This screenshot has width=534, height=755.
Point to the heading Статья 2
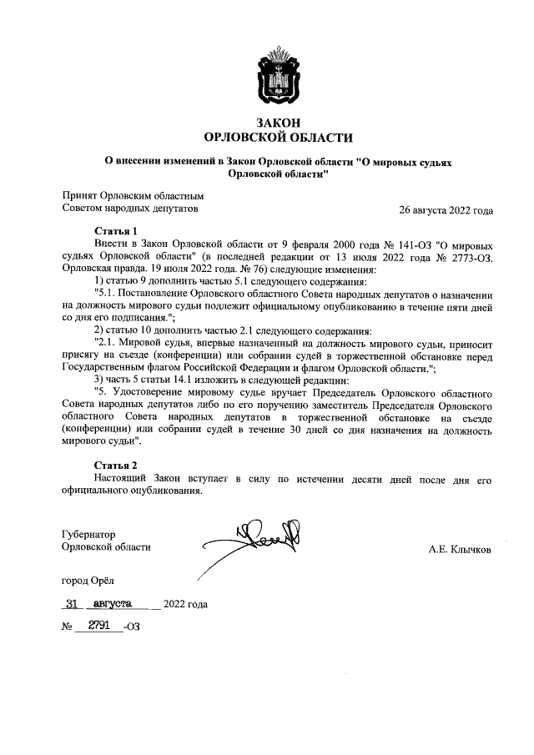click(114, 464)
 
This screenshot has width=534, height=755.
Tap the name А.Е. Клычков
click(460, 550)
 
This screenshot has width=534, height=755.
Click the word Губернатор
click(88, 534)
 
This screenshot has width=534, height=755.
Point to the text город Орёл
click(89, 580)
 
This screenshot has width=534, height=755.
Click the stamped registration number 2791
click(94, 626)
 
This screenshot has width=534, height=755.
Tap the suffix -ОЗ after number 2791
click(130, 627)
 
